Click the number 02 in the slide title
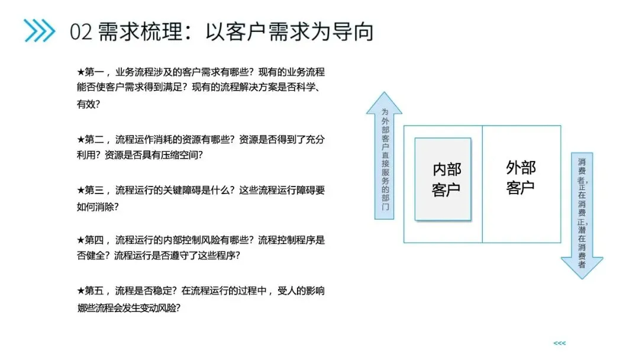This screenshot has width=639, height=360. pyautogui.click(x=81, y=31)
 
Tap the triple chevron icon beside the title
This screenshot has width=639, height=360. pyautogui.click(x=39, y=31)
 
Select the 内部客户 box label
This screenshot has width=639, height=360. pyautogui.click(x=446, y=179)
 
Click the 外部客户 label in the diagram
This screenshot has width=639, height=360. pyautogui.click(x=521, y=177)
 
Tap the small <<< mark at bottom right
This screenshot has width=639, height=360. pyautogui.click(x=559, y=343)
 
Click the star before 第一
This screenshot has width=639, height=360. pyautogui.click(x=81, y=72)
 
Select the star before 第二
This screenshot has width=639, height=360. pyautogui.click(x=81, y=140)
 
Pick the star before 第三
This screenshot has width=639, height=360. pyautogui.click(x=81, y=190)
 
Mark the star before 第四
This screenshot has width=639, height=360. pyautogui.click(x=81, y=240)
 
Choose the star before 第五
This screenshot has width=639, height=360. pyautogui.click(x=81, y=291)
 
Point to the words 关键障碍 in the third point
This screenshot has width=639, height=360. pyautogui.click(x=178, y=190)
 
